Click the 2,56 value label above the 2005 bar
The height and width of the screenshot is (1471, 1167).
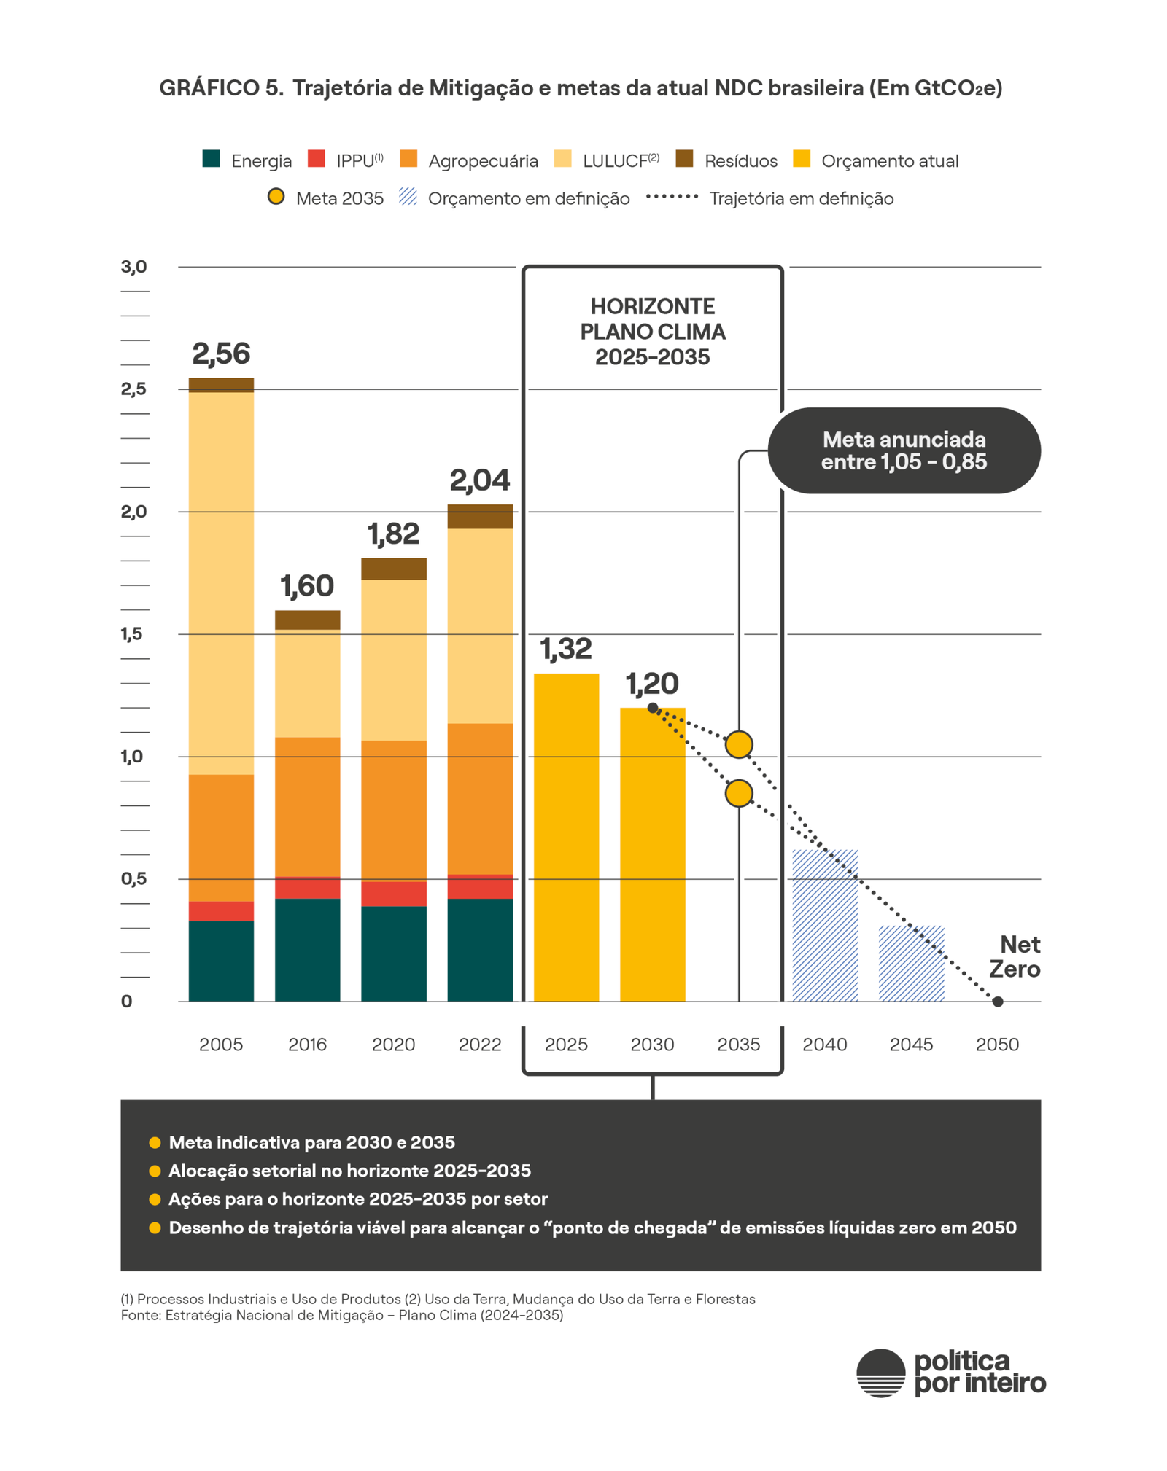coord(220,354)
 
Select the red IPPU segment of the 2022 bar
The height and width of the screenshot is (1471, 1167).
coord(479,886)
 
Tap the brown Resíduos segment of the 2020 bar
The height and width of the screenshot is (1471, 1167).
coord(393,569)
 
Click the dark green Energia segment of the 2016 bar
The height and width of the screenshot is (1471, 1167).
coord(307,949)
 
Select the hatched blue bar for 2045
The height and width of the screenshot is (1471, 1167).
coord(911,963)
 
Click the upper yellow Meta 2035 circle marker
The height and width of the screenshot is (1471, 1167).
coord(739,744)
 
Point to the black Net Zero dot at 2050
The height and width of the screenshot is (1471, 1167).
coord(998,1002)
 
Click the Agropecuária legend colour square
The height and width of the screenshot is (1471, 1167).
coord(408,159)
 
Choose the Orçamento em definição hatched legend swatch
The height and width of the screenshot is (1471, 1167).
coord(408,197)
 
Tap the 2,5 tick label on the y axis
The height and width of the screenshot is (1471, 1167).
coord(133,389)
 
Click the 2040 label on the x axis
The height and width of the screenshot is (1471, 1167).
coord(825,1045)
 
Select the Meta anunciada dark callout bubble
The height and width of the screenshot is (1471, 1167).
coord(904,450)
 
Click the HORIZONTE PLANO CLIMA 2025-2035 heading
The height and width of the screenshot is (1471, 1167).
coord(652,332)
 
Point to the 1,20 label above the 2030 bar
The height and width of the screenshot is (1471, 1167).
coord(652,684)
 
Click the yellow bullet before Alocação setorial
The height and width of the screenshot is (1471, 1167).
coord(155,1171)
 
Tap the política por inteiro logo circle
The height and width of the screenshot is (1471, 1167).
coord(880,1373)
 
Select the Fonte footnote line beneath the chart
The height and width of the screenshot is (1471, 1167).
coord(341,1315)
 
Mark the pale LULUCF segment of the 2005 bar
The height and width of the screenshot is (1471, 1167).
coord(220,583)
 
